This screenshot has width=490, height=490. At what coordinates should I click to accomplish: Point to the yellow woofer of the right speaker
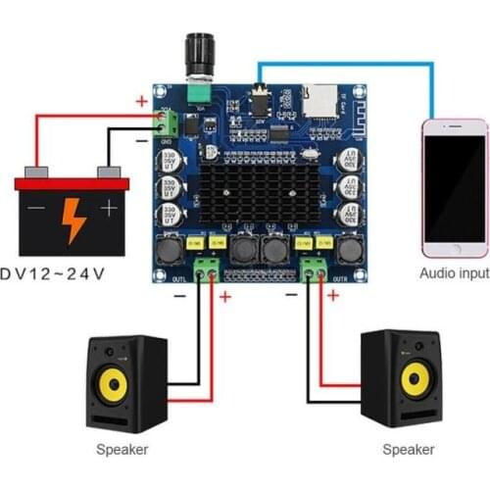coord(415,379)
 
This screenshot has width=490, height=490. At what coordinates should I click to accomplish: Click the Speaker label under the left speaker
coord(122,450)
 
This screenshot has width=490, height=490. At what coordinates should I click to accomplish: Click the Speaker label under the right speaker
coord(408,450)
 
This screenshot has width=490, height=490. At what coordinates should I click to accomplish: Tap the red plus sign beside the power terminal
coord(142,100)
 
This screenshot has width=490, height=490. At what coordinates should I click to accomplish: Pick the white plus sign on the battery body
coord(109,209)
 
